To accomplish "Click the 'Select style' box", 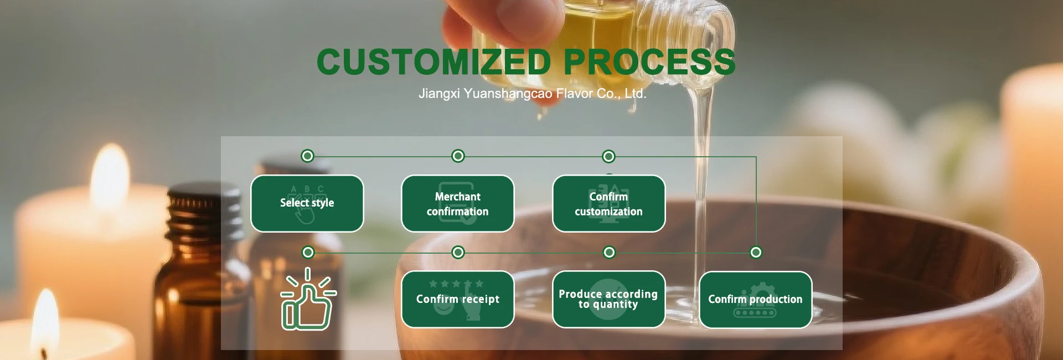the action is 307,203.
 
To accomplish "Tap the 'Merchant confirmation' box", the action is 458,203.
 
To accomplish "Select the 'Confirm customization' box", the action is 609,203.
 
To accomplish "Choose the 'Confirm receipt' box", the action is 458,299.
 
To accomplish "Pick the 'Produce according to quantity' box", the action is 609,299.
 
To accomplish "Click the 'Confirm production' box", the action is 756,300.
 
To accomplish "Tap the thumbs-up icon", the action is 308,300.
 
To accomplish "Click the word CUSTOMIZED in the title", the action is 434,61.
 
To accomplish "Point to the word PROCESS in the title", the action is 649,61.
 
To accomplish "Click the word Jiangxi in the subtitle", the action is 439,94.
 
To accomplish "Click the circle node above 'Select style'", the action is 307,156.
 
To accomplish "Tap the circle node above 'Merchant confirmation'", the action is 458,156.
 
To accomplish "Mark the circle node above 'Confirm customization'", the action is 608,156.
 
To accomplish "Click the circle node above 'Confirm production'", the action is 756,253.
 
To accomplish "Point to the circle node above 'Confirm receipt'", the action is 458,253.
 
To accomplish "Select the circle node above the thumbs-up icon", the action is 308,253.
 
